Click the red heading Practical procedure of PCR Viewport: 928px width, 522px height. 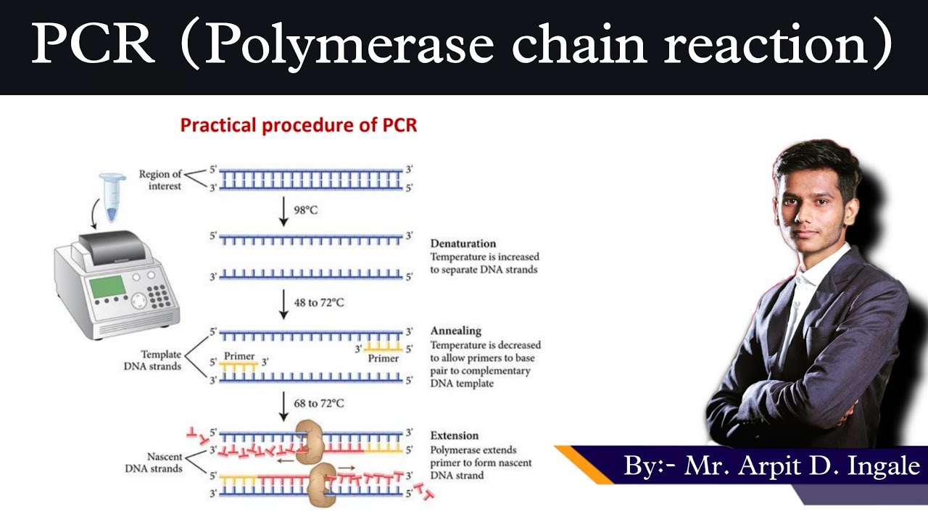298,125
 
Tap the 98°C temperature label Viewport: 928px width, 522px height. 305,210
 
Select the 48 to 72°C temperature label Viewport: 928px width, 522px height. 318,302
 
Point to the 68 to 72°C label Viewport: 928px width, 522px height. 318,403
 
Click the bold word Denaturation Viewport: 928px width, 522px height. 463,244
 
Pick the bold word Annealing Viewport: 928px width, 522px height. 455,331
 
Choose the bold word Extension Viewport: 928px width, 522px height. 454,436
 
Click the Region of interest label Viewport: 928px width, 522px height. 160,180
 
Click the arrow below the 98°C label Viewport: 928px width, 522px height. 283,212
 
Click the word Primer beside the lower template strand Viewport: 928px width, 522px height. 239,356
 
